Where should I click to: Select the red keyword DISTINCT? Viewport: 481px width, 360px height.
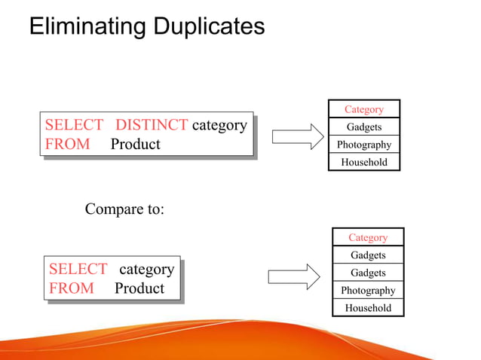152,125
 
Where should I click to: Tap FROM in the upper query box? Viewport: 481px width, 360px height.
67,144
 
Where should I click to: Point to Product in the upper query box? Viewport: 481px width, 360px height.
136,144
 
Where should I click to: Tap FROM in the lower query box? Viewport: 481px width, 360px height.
71,288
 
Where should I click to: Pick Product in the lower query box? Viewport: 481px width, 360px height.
139,288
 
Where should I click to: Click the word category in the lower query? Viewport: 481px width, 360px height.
147,269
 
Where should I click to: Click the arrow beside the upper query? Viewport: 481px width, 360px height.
297,137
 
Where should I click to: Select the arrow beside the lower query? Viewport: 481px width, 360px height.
294,275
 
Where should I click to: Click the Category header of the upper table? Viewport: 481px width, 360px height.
364,109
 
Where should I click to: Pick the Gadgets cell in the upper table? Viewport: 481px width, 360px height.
364,127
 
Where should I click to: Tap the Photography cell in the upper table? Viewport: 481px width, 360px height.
364,145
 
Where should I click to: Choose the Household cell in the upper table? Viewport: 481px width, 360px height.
364,162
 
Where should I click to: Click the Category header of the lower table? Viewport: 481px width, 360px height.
368,237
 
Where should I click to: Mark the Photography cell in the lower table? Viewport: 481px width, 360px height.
368,291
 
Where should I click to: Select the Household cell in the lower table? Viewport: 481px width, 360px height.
368,308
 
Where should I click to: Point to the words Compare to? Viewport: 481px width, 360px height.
124,209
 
